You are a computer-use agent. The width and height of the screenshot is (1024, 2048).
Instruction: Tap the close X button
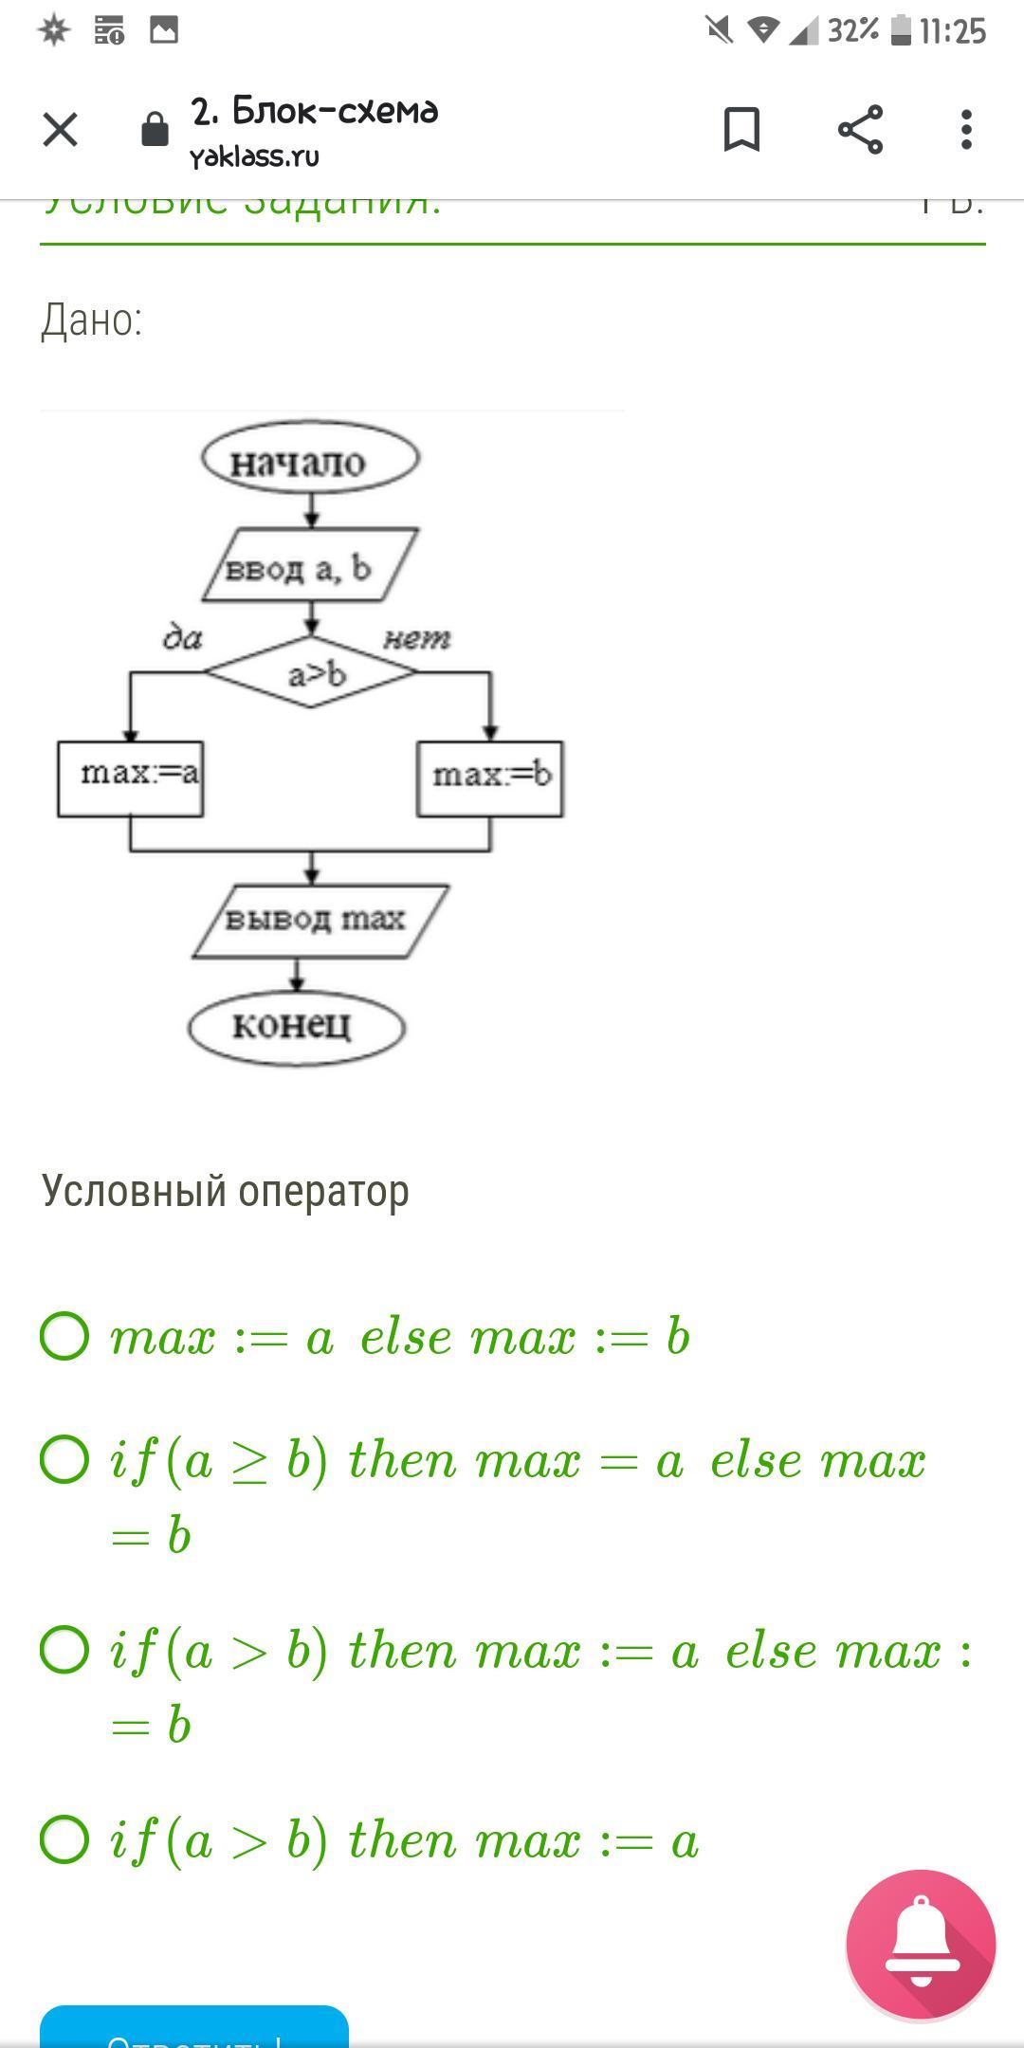61,129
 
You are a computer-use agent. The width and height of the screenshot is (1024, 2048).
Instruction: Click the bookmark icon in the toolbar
741,129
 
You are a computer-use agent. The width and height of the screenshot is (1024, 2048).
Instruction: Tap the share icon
860,129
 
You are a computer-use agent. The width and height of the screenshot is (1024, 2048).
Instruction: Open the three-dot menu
966,129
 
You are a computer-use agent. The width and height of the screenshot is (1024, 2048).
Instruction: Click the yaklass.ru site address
254,156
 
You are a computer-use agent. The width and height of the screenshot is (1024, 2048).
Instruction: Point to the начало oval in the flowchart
310,461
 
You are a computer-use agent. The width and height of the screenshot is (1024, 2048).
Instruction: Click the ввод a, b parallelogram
310,567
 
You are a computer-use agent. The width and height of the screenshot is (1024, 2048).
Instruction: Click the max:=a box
131,777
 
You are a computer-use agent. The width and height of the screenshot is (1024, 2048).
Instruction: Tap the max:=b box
490,777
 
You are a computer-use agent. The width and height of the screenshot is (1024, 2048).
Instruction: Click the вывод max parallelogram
320,920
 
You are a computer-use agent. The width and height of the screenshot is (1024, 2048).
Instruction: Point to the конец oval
297,1026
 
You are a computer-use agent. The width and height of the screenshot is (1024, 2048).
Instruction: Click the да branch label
183,638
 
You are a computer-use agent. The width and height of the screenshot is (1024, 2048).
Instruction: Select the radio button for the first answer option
64,1336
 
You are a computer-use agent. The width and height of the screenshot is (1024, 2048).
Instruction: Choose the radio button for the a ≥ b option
64,1459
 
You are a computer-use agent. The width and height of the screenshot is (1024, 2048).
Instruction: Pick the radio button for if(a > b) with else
64,1650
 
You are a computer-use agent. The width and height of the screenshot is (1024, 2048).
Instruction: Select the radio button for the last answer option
64,1839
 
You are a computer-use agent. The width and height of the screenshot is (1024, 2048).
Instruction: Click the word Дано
92,320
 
